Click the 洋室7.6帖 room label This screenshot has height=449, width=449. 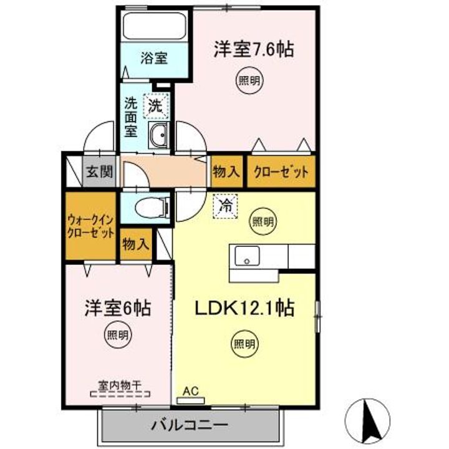point(254,49)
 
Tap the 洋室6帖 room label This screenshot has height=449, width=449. point(118,307)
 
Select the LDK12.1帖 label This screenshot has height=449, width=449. point(246,307)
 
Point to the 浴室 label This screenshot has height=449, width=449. point(153,59)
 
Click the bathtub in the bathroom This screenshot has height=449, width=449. point(153,26)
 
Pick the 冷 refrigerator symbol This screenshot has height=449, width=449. point(225,206)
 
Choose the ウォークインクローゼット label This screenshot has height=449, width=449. point(91,227)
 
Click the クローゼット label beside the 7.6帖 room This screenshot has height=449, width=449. point(280,172)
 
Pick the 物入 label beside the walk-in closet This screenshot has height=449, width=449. point(135,243)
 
